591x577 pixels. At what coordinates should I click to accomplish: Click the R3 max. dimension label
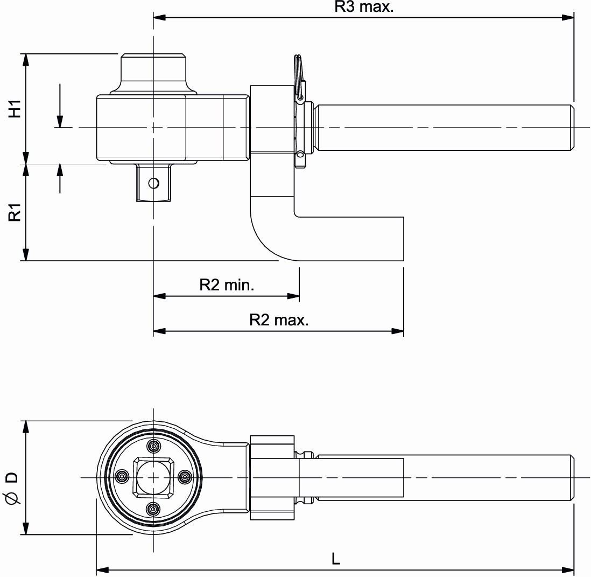364,7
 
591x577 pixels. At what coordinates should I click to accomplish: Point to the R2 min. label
226,284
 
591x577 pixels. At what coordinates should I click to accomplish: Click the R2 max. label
279,320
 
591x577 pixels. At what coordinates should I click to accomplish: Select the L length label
335,559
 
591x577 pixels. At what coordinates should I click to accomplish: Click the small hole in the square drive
153,183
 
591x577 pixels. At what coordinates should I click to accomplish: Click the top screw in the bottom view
154,446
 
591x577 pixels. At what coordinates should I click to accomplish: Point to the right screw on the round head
185,477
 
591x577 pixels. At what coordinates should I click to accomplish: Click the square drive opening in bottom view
154,477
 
